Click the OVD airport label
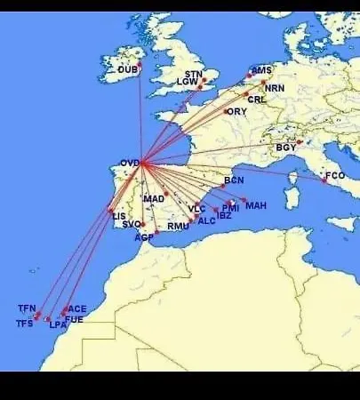129,164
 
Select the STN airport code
194,74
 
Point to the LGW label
188,82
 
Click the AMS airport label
261,70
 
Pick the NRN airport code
276,89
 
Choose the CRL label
257,100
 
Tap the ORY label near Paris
237,112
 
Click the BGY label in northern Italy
285,148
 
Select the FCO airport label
335,176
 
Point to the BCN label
234,180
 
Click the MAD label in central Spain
153,198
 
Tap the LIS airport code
119,216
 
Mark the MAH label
256,206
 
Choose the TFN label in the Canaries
27,308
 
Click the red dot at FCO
324,180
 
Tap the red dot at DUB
140,64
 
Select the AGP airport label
144,237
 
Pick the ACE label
76,308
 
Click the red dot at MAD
165,193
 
